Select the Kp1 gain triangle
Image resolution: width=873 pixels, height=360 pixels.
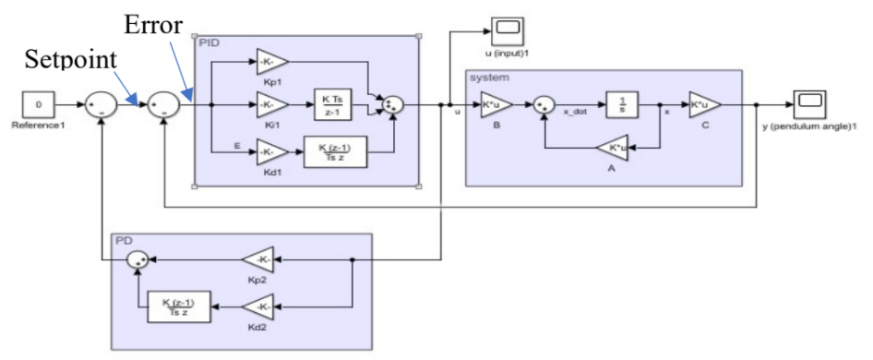271,63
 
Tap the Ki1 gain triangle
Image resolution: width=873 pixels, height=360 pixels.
271,106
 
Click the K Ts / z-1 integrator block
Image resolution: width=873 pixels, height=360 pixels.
333,105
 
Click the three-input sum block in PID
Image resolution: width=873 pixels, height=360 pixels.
393,106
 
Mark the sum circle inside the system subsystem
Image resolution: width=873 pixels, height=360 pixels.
546,106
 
